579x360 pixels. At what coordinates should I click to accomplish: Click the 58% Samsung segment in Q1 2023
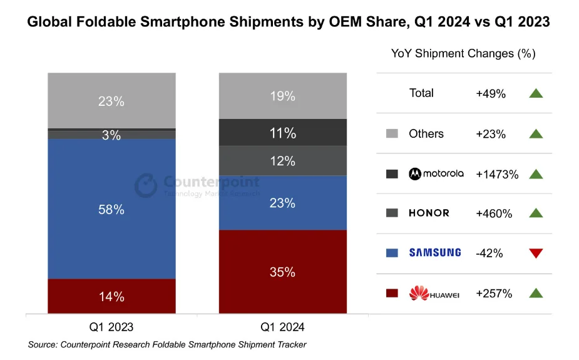point(111,208)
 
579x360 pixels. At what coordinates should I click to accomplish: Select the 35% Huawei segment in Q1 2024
point(283,272)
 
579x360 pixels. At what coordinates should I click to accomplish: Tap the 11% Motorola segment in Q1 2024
point(283,132)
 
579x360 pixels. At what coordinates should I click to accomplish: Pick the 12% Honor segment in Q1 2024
point(283,161)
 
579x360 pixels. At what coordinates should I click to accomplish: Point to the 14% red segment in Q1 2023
point(111,296)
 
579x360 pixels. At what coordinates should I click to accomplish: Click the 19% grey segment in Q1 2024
point(283,96)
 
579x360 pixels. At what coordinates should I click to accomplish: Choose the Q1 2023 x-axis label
point(111,327)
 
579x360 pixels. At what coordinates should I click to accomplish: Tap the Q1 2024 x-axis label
point(282,327)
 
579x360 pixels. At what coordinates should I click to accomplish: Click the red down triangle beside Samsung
point(536,253)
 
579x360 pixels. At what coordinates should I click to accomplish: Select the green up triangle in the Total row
point(536,93)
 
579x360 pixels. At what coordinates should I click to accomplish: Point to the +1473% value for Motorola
point(497,174)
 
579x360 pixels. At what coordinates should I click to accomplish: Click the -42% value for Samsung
point(489,254)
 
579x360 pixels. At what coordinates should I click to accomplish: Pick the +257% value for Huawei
point(494,294)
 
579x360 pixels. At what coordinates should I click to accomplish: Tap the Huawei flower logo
point(419,293)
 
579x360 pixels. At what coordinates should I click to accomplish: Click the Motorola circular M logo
point(415,173)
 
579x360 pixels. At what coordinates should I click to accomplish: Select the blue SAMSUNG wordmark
point(435,252)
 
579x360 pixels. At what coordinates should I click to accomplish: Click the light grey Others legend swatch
point(392,133)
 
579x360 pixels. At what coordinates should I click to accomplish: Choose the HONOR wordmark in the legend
point(429,213)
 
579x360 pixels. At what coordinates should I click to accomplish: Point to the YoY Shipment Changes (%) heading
point(463,54)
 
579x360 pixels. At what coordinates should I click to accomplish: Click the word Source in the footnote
point(43,344)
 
